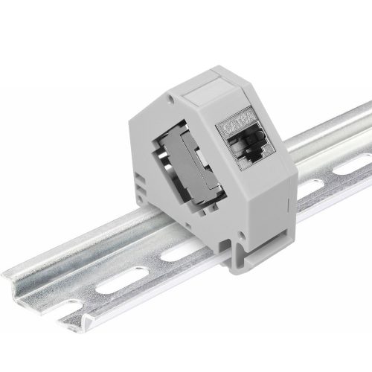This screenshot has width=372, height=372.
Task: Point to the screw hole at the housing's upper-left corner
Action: coord(173,97)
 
